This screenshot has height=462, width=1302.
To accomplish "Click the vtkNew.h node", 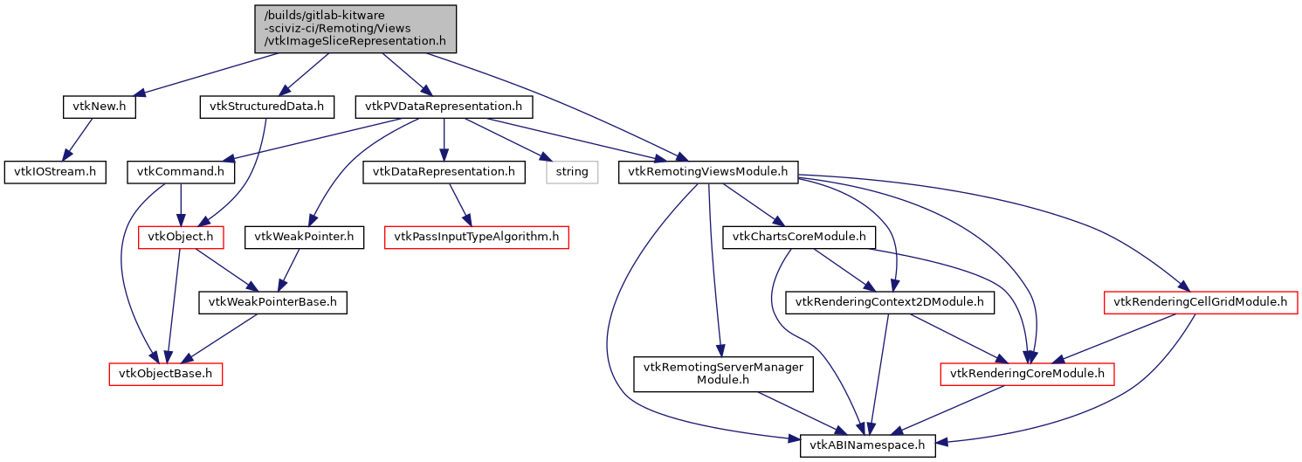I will [x=100, y=107].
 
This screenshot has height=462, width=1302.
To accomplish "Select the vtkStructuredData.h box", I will [x=267, y=107].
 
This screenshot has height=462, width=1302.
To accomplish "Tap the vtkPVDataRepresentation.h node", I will [x=444, y=107].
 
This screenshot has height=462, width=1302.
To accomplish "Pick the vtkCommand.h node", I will [x=180, y=172].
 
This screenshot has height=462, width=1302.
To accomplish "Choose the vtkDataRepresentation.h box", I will [x=444, y=172].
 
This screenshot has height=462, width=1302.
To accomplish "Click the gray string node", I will [x=572, y=172].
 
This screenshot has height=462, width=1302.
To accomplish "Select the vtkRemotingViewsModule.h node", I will [x=708, y=172].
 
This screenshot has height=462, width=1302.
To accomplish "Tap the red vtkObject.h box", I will [x=180, y=237].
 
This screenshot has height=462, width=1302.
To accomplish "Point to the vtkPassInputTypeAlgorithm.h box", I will [x=477, y=237].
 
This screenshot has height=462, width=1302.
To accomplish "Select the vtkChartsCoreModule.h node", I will [x=799, y=237].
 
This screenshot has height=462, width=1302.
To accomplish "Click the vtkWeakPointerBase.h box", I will [x=273, y=303].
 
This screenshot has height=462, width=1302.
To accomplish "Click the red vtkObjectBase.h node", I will [x=166, y=375].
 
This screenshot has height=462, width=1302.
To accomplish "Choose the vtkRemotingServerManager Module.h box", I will [x=723, y=374].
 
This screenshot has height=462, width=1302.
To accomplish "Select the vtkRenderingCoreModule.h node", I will [x=1027, y=375].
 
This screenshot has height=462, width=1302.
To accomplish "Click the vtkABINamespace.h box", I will [x=868, y=445].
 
